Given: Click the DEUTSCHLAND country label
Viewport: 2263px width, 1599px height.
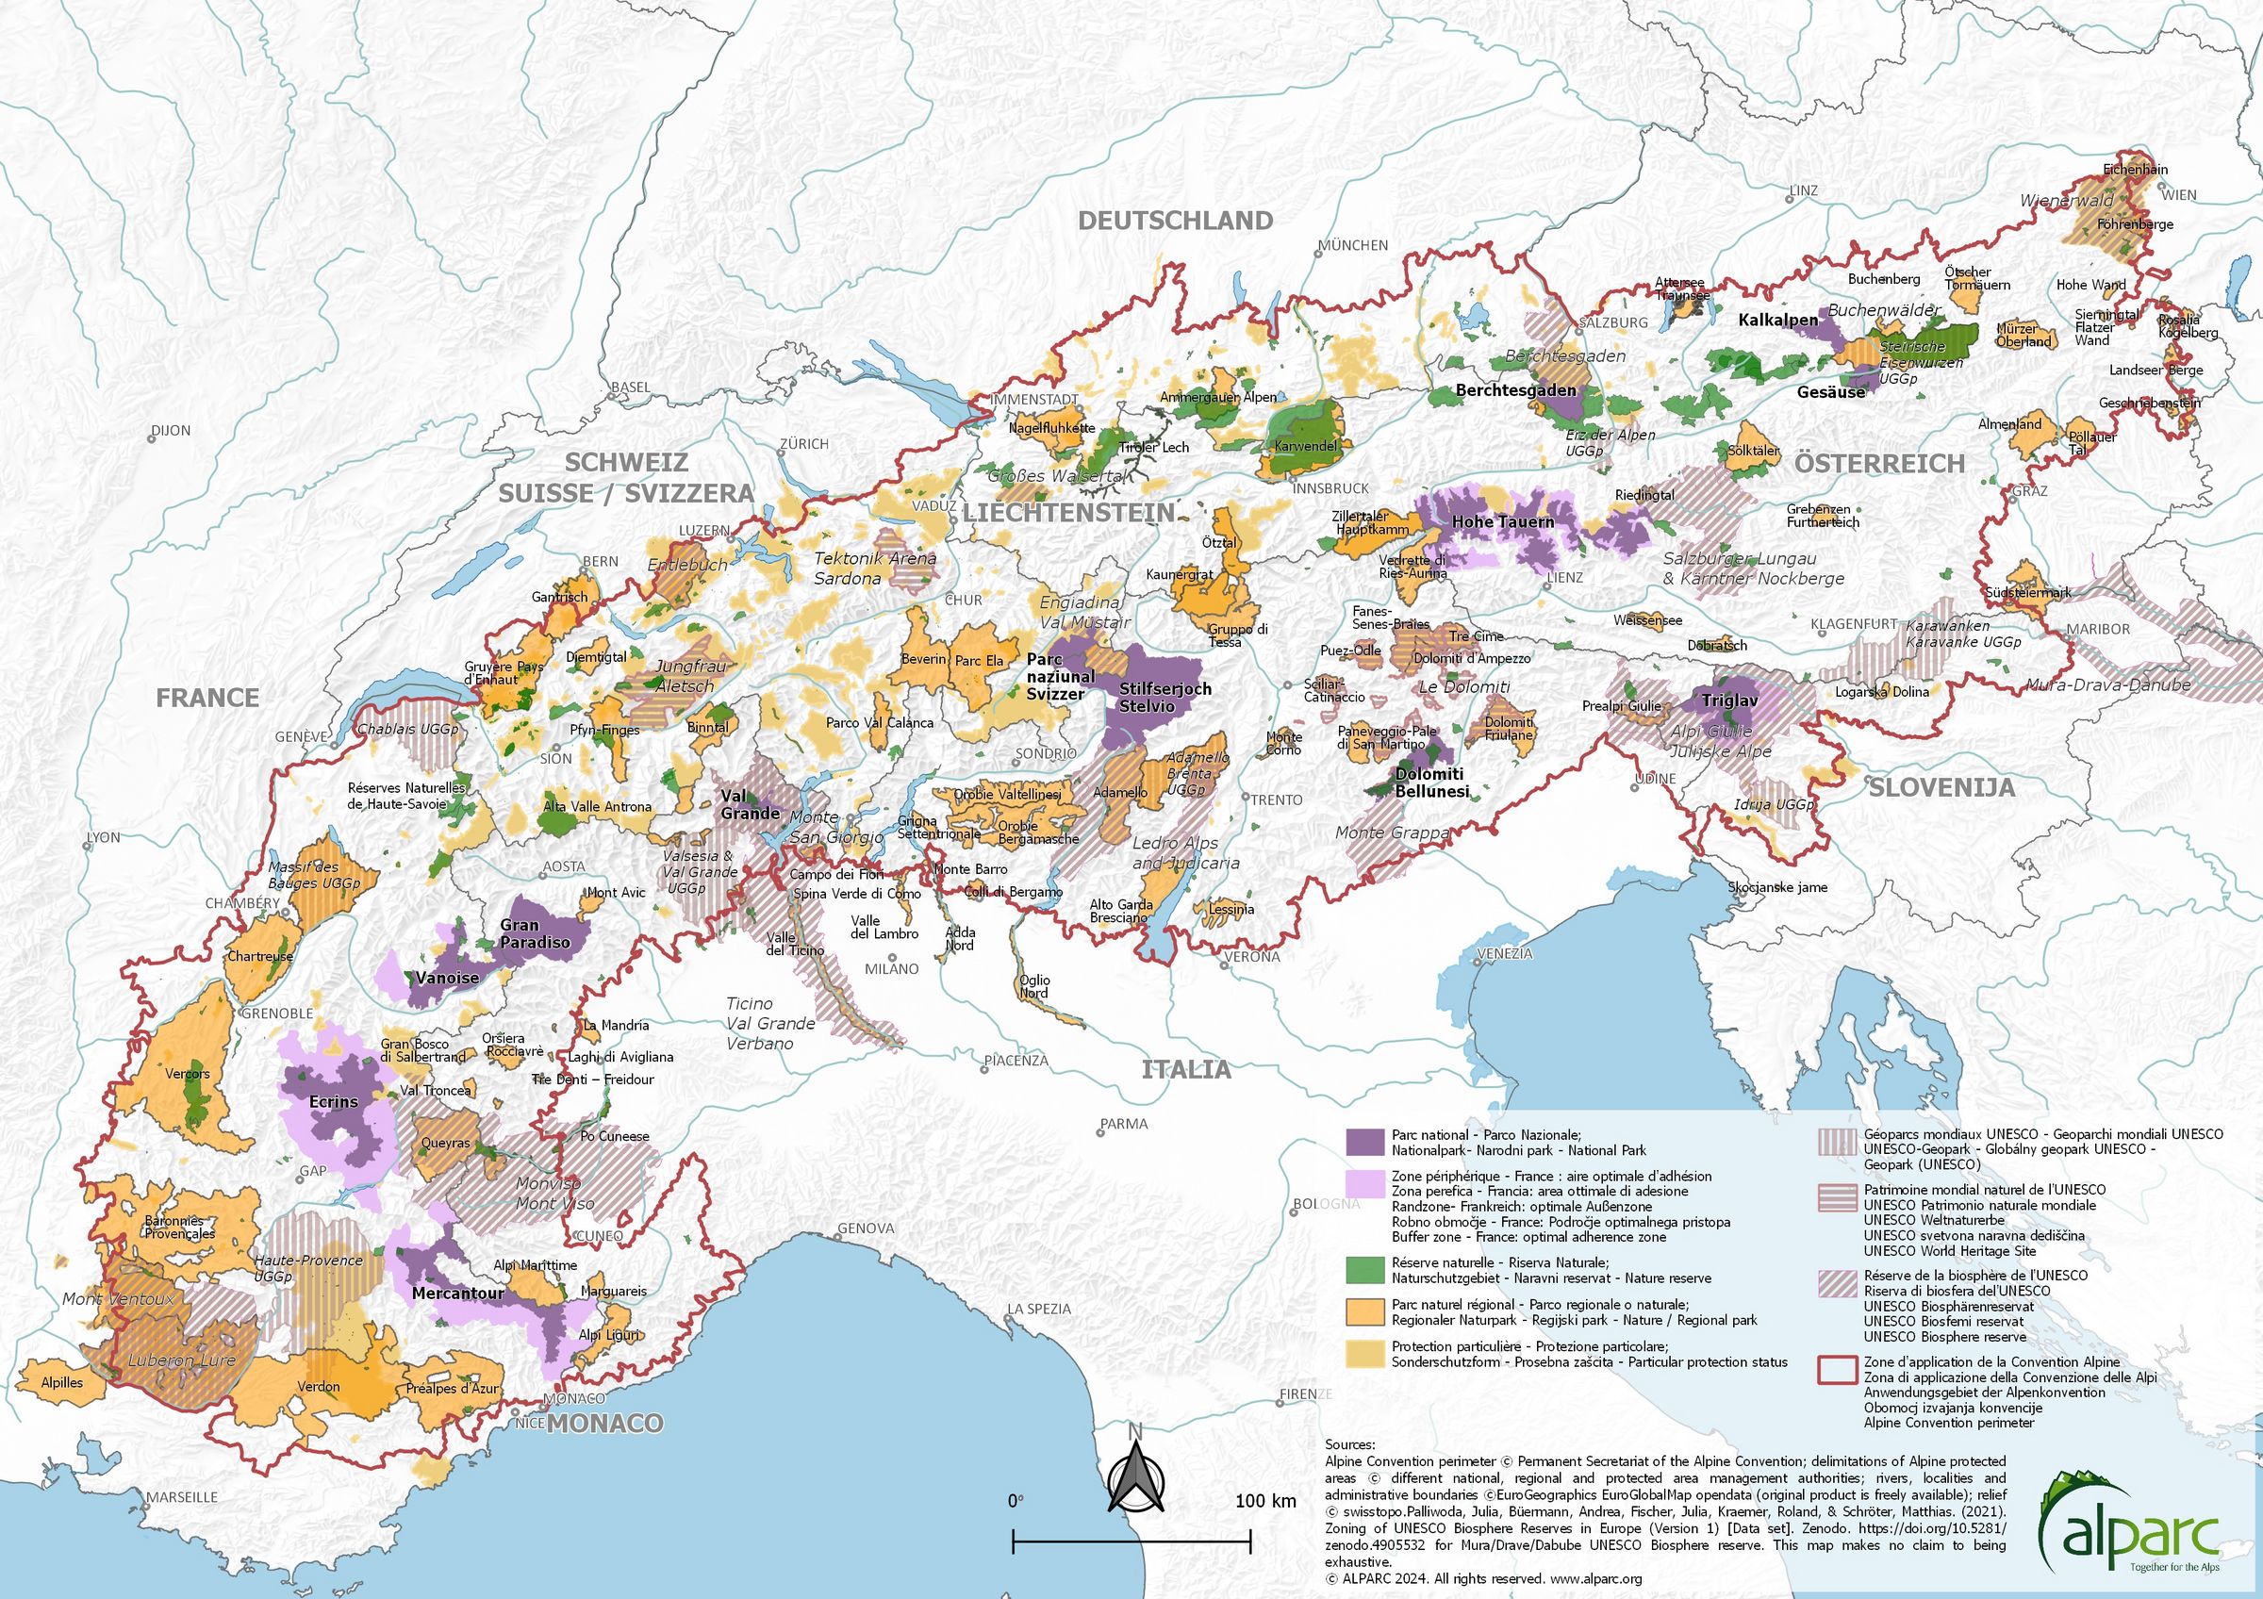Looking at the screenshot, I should [1175, 221].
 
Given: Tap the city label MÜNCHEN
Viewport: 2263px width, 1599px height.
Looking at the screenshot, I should [1353, 245].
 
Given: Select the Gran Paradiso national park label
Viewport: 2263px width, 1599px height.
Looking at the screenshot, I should [535, 933].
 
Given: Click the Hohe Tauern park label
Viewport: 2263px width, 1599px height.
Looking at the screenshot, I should [1502, 521].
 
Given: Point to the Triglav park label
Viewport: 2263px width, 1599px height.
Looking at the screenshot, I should [1729, 701].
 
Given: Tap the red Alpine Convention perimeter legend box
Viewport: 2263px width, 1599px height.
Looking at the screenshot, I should [1837, 1371].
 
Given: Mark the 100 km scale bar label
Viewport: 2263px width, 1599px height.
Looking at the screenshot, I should [1265, 1502].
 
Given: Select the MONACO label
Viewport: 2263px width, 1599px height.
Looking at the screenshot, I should [605, 1423].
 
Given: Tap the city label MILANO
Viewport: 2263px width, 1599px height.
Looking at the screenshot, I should [891, 968].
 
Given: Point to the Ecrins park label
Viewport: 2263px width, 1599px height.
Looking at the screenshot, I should [333, 1101].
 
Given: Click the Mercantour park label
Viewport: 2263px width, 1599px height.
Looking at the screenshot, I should [457, 1293].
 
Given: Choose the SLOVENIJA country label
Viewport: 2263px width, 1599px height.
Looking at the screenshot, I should [1941, 787].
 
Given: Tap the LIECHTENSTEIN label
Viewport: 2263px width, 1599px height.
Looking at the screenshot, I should [1068, 512].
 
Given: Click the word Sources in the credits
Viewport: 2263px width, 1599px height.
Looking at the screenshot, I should [1349, 1444].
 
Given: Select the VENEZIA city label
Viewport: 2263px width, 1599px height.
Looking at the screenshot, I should [1504, 954].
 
